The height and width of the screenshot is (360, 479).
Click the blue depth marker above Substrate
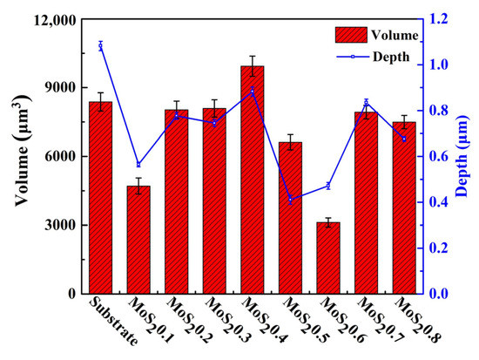coord(101,45)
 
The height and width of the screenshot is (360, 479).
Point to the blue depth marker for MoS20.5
coord(290,200)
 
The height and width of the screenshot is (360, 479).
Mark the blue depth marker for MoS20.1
coord(138,165)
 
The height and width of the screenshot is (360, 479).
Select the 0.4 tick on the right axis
coord(435,202)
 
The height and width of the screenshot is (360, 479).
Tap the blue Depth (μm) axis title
coord(469,157)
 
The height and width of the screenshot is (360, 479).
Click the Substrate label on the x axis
coord(111,323)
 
